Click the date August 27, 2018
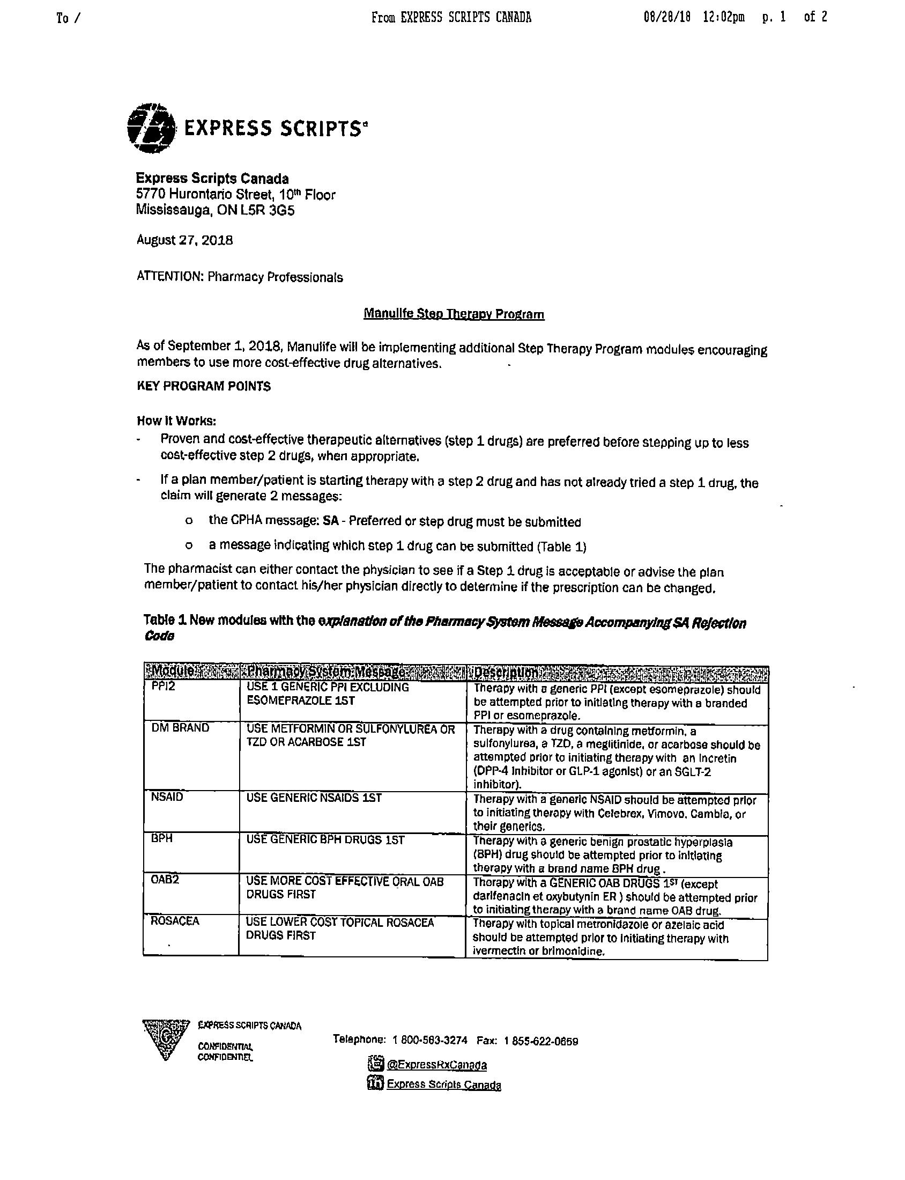[184, 240]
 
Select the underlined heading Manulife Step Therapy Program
[454, 314]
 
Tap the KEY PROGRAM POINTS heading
[204, 386]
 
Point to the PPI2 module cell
[163, 688]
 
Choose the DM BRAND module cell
[180, 728]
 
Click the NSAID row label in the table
[167, 797]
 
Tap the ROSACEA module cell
[175, 921]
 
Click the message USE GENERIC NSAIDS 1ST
[314, 798]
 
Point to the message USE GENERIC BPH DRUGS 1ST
[325, 839]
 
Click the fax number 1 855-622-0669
[541, 1041]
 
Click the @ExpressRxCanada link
[436, 1065]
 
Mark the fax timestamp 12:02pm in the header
[723, 17]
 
